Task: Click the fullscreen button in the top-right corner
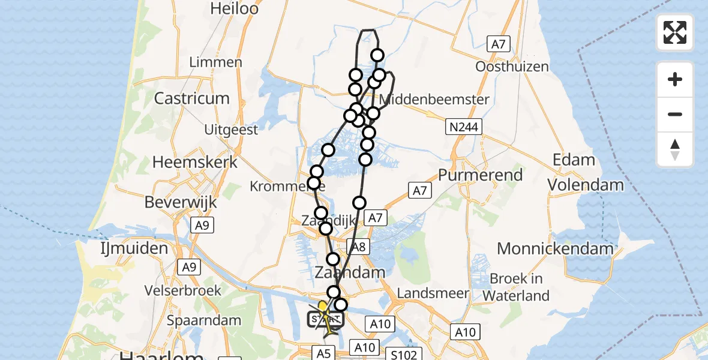click(675, 32)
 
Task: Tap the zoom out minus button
click(675, 114)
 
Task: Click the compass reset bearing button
click(675, 149)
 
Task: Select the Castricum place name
click(192, 98)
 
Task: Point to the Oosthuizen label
click(512, 66)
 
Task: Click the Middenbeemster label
click(435, 99)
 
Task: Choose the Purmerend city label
click(480, 175)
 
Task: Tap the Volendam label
click(585, 185)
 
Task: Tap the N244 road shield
click(462, 127)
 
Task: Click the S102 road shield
click(404, 355)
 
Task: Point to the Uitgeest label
click(231, 130)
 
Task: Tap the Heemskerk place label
click(195, 162)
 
